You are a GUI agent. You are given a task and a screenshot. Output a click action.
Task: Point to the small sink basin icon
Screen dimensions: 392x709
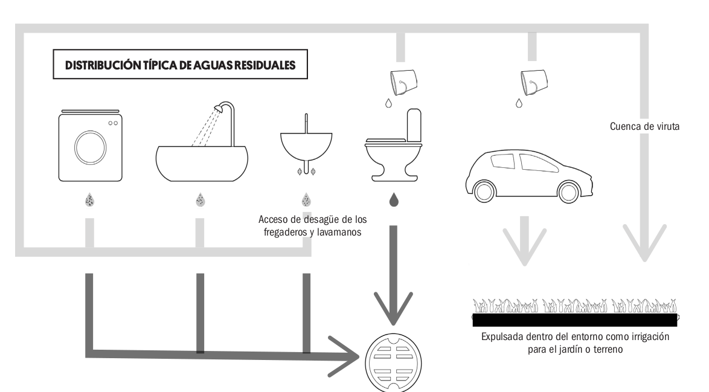pos(307,145)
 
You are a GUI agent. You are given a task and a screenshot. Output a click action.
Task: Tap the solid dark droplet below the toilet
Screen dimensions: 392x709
pos(394,200)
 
